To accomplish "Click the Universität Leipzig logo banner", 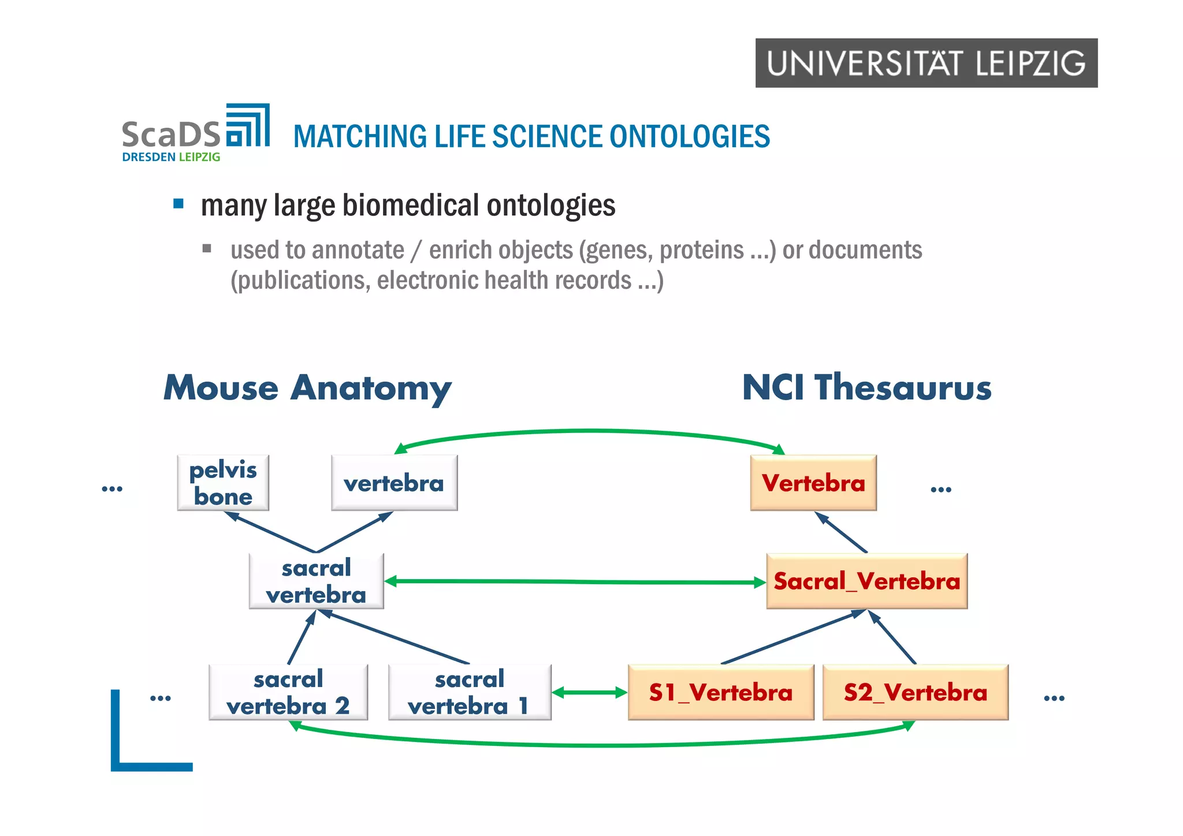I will click(x=926, y=63).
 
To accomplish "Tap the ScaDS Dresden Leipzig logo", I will click(x=195, y=133).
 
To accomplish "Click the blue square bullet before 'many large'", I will click(x=178, y=204).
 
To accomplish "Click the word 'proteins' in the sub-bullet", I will click(x=701, y=250).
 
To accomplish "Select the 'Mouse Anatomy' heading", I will click(x=307, y=387).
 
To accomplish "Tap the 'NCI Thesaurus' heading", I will click(x=866, y=387).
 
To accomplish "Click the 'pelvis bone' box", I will click(x=223, y=483).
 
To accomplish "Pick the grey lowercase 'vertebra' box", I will click(x=394, y=483).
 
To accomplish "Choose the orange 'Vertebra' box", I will click(x=813, y=483).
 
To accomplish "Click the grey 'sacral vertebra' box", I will click(x=316, y=581).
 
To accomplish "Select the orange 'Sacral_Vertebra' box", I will click(x=866, y=581).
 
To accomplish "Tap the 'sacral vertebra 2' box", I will click(x=288, y=692).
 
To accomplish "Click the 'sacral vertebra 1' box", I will click(x=469, y=692).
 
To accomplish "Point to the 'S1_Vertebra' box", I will click(x=720, y=692).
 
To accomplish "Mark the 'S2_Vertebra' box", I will click(x=915, y=692).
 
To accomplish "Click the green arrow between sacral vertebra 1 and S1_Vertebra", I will click(x=589, y=692).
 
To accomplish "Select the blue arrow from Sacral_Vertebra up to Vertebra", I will click(x=842, y=532).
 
